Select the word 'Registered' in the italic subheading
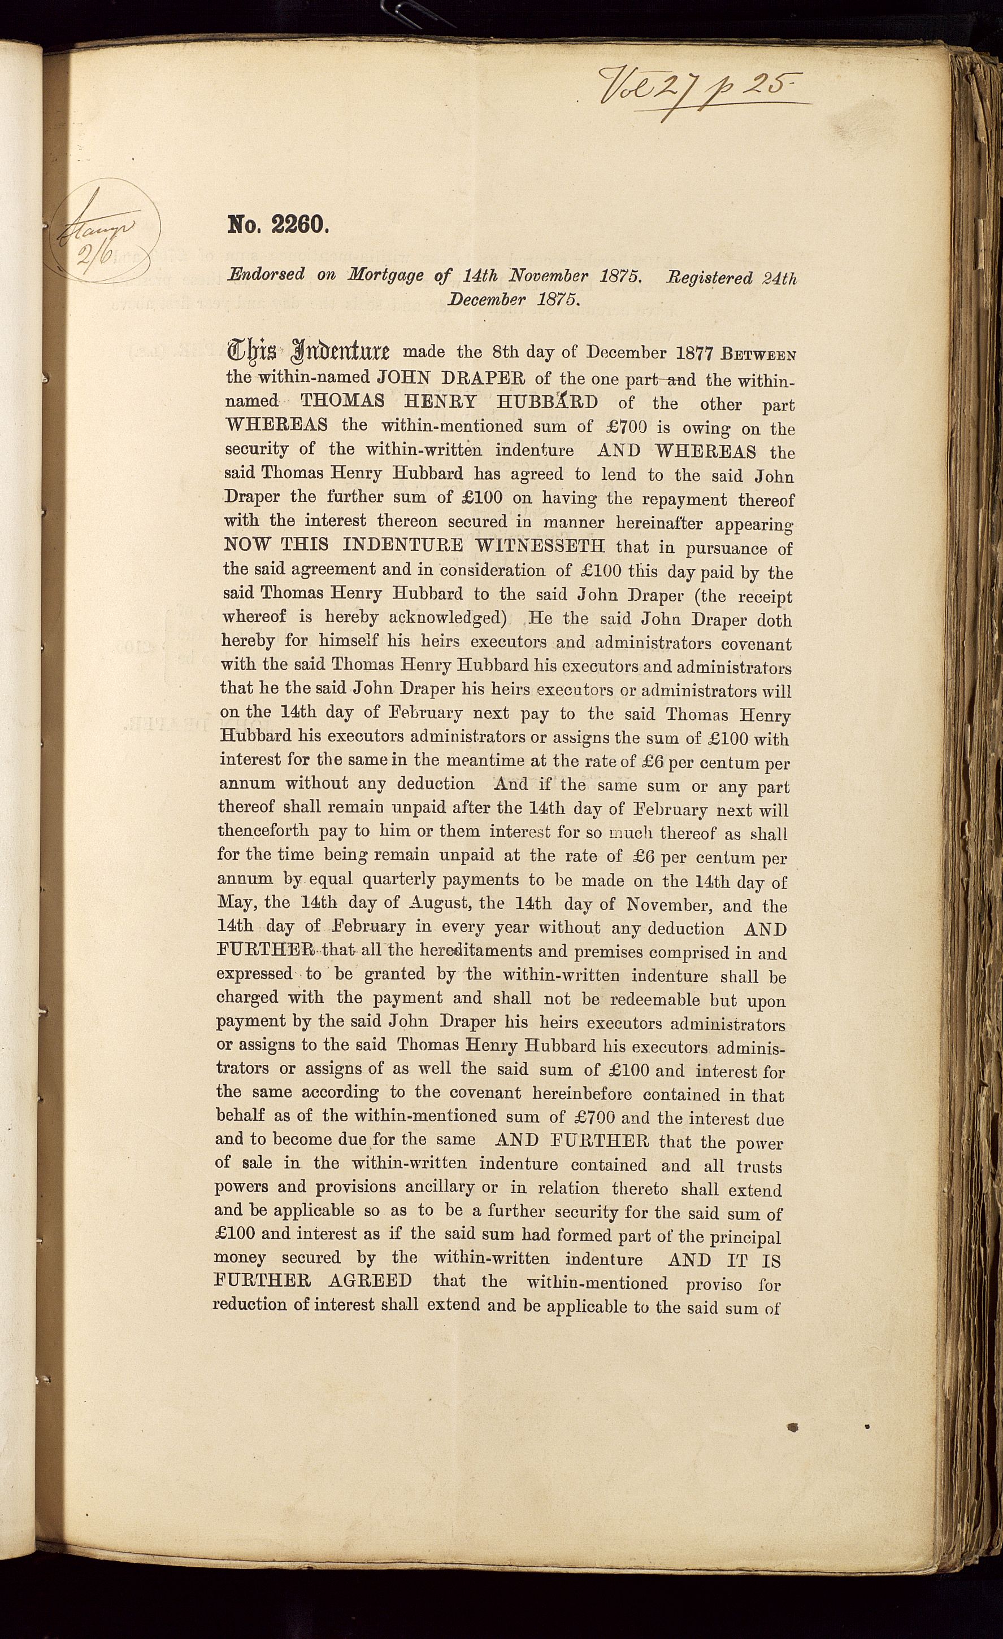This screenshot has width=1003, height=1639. (710, 277)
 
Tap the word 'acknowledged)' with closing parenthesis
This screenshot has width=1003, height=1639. (448, 617)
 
